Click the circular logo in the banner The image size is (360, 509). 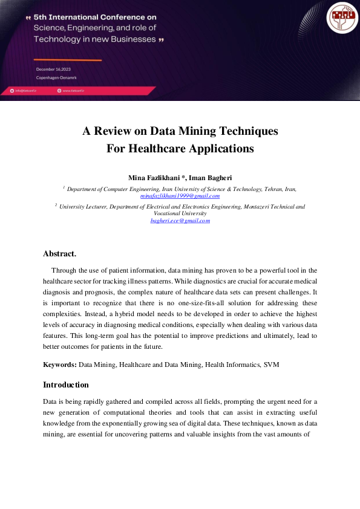(x=341, y=18)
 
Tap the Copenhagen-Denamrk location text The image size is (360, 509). (x=56, y=78)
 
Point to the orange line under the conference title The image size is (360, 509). (x=67, y=60)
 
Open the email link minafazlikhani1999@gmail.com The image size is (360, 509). (x=180, y=196)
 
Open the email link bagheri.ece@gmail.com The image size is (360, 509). (x=180, y=221)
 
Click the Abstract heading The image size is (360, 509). (x=59, y=254)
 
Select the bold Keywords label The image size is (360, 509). (x=59, y=365)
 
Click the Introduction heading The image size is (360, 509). (x=66, y=385)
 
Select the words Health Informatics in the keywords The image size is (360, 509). (x=230, y=365)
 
